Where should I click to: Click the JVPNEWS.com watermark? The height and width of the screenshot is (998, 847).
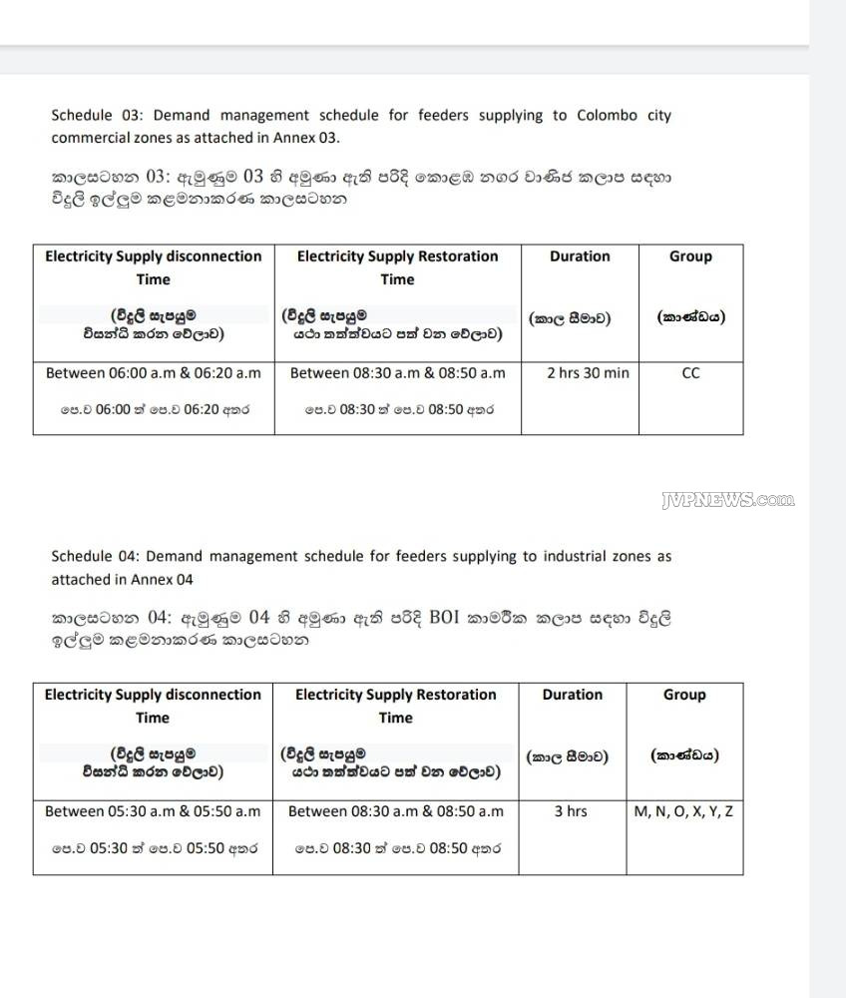728,501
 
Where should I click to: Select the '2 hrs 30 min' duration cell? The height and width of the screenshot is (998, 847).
588,373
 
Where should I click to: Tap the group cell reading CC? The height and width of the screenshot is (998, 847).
690,373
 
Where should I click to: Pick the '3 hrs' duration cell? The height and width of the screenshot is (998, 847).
571,811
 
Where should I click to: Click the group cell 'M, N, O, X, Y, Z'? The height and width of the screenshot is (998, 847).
683,811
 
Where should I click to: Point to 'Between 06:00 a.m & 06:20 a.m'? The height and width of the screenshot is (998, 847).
154,373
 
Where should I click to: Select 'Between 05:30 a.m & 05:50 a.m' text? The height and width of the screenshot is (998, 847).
153,811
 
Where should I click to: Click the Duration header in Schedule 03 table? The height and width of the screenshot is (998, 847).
580,256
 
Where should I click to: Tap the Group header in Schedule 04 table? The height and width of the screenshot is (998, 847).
684,695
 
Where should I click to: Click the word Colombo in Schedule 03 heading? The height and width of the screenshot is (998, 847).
607,116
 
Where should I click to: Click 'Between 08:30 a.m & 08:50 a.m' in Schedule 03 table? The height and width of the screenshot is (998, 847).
398,373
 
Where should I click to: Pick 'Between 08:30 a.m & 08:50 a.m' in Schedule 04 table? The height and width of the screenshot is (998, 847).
396,811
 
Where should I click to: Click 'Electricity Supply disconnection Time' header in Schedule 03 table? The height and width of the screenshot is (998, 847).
154,267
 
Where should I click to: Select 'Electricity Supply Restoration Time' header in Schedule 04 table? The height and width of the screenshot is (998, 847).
396,706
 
